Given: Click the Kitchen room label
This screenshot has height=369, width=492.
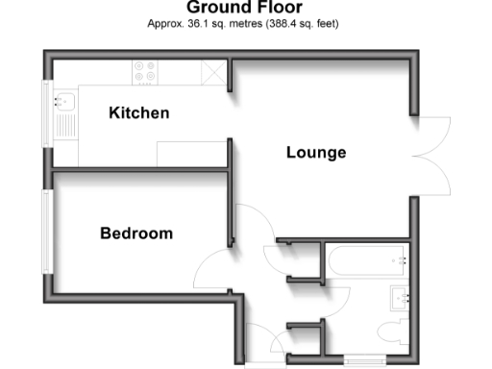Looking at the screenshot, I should [138, 113].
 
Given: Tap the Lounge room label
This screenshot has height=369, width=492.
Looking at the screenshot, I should [316, 153].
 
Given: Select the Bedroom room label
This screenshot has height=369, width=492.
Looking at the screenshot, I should [136, 234].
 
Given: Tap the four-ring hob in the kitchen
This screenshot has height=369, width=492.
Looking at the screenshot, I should [146, 72].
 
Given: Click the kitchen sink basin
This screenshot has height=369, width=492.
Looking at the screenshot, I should [66, 100].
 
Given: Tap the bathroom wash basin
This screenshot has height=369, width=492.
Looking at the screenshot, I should [401, 298].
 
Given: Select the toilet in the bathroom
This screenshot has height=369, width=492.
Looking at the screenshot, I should [392, 333].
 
